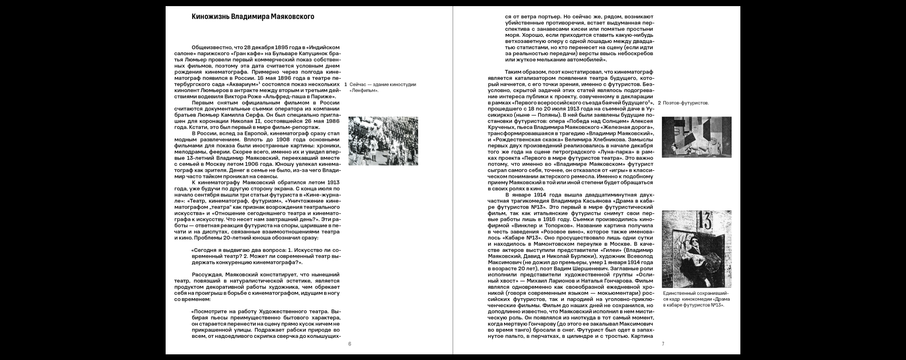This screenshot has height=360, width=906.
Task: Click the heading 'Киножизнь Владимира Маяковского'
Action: click(252, 17)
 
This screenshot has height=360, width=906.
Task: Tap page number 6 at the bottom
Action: click(350, 344)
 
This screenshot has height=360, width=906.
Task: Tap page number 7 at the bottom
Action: click(663, 344)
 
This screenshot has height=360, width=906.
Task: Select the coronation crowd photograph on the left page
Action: click(383, 141)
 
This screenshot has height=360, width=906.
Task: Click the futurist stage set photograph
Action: click(696, 137)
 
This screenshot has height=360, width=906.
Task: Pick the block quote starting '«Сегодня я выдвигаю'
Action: click(265, 256)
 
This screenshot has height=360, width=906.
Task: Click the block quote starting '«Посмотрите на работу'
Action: click(265, 325)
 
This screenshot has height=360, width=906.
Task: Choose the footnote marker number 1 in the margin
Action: click(346, 84)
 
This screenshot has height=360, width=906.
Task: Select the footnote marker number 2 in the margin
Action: click(659, 103)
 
